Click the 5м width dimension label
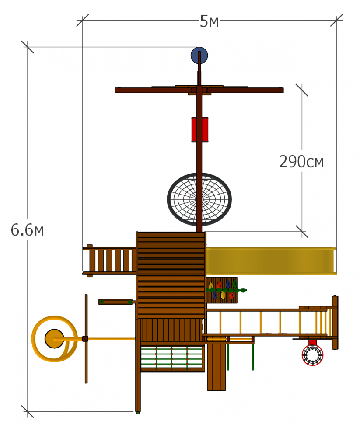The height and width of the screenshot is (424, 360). click(x=209, y=21)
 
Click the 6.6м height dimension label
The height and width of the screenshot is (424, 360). click(x=27, y=230)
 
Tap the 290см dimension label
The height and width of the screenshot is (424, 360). click(x=301, y=162)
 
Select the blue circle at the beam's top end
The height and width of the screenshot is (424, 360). click(x=199, y=56)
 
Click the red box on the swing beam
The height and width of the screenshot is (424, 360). click(x=200, y=129)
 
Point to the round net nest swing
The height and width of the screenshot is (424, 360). click(x=199, y=199)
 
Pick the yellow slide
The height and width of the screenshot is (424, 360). click(x=271, y=261)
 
